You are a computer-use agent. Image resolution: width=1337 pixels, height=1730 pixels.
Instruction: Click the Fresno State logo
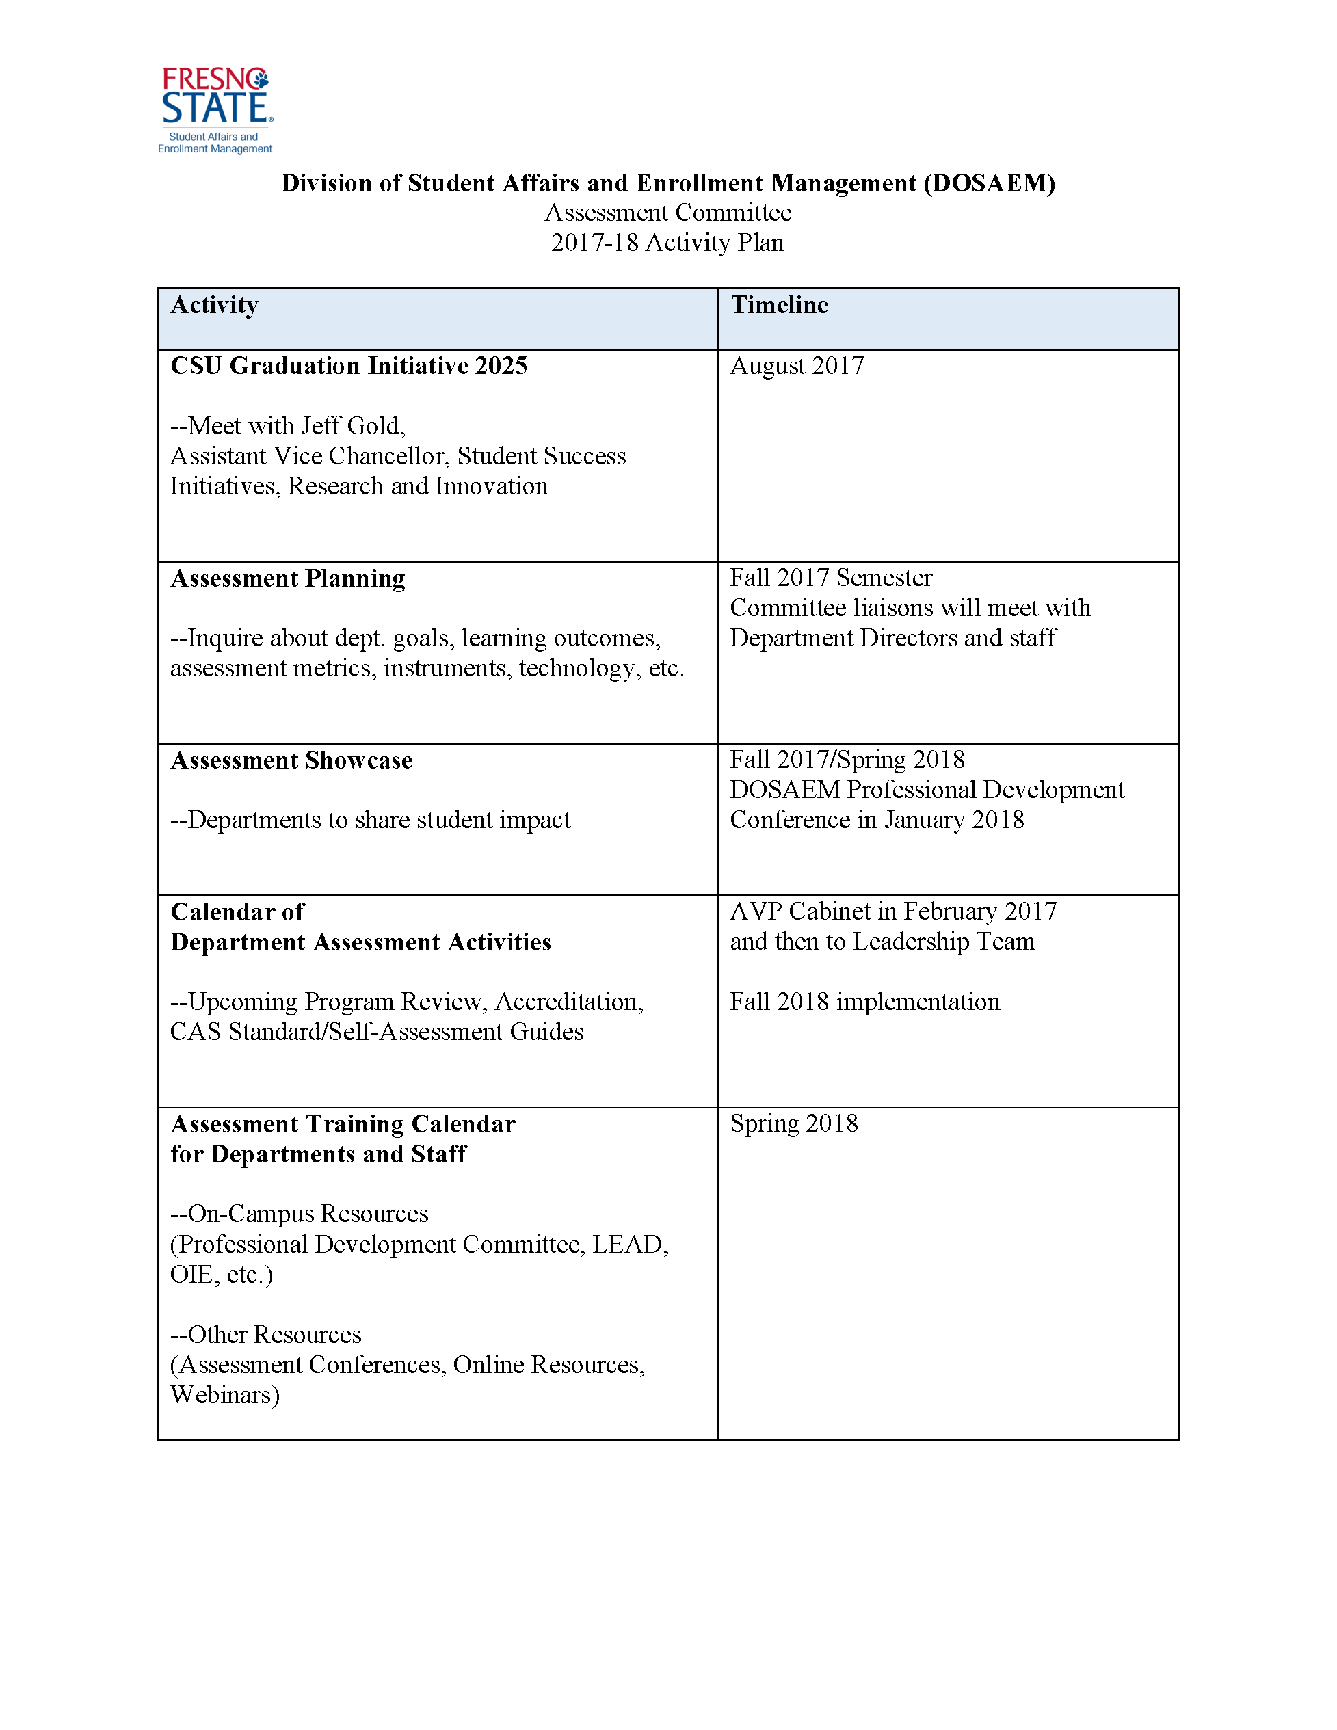click(215, 109)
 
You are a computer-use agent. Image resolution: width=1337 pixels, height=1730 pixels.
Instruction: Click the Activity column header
click(215, 305)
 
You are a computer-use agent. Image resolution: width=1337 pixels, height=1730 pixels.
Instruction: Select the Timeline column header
click(780, 305)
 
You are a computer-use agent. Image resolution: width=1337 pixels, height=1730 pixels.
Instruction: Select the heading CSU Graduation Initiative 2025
click(349, 366)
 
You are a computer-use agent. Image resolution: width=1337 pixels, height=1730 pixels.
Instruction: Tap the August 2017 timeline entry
click(797, 366)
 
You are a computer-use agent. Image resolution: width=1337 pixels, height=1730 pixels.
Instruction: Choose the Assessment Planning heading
click(287, 579)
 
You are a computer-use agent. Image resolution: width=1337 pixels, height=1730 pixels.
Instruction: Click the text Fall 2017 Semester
click(831, 577)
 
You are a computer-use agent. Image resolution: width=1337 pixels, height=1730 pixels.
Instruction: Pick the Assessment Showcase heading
click(291, 760)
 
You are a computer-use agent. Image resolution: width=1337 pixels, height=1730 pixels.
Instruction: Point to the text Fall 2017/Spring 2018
click(847, 760)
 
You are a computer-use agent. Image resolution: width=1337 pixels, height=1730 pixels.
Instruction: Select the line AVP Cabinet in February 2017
click(892, 911)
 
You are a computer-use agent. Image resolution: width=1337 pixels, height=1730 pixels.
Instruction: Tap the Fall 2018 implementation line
click(864, 1002)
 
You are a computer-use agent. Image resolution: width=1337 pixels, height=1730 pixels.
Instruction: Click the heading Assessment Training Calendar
click(343, 1124)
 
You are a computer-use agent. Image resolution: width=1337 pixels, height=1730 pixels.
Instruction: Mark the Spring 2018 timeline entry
click(793, 1123)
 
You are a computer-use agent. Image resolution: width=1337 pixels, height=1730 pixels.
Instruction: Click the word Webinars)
click(225, 1395)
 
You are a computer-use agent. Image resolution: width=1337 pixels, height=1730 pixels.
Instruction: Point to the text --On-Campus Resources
click(300, 1214)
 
